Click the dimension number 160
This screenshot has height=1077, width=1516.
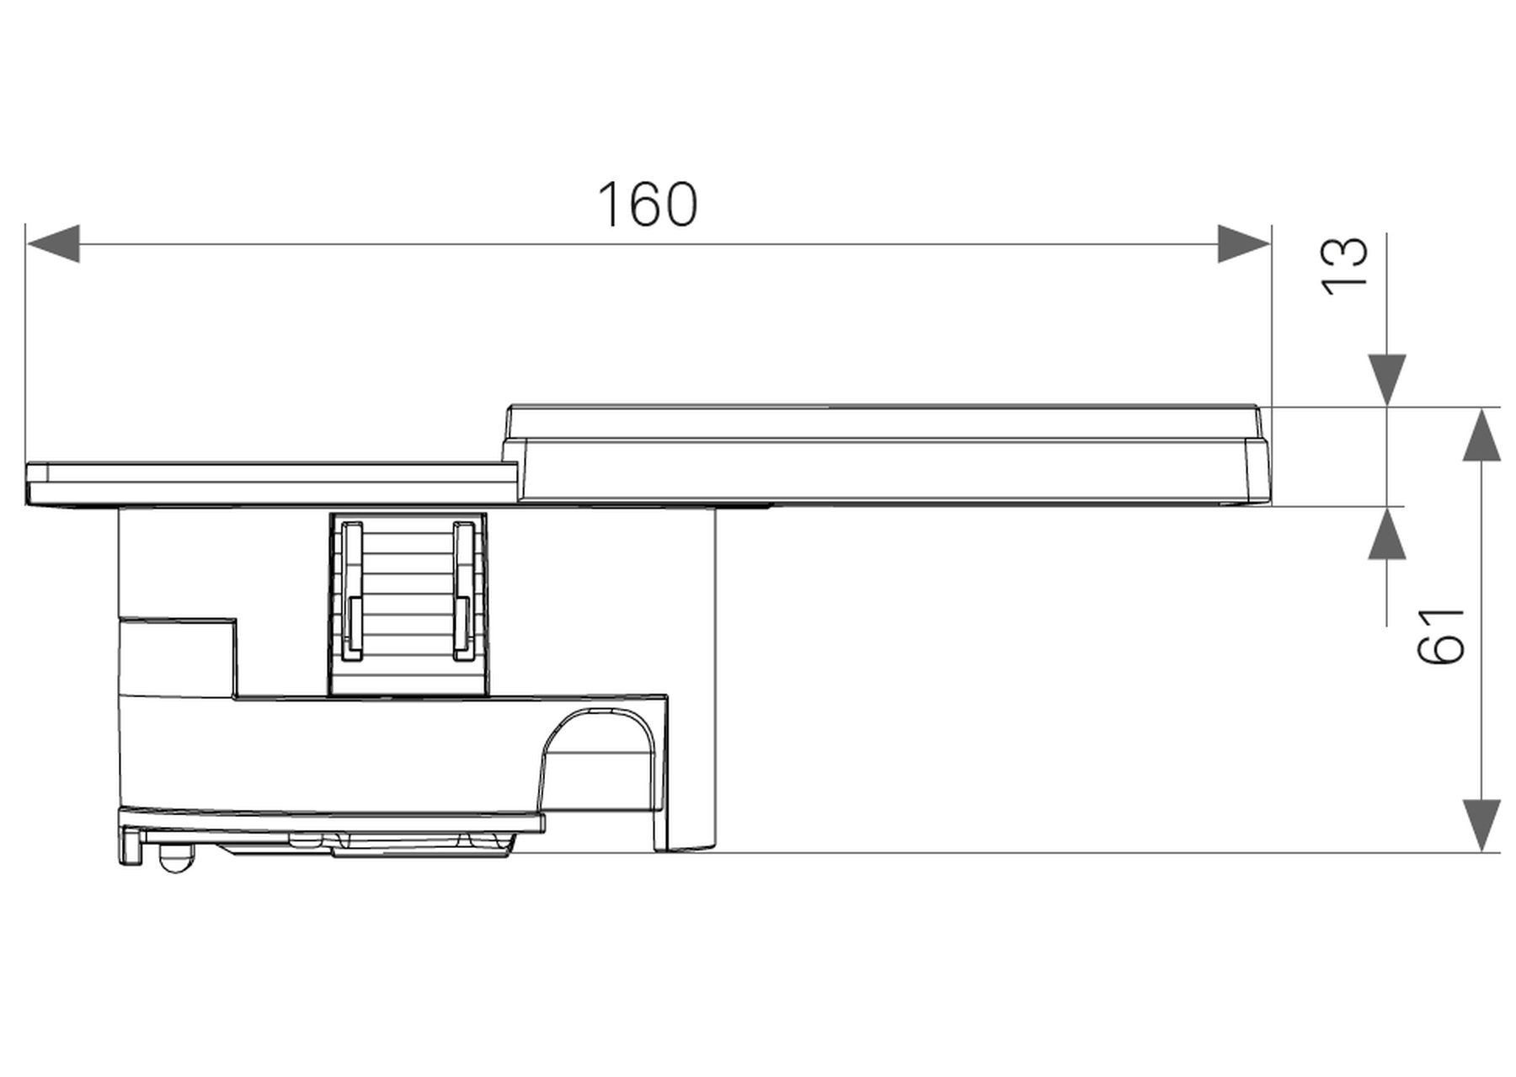coord(647,205)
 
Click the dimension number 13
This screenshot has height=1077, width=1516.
coord(1344,265)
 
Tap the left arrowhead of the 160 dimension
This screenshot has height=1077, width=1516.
coord(53,243)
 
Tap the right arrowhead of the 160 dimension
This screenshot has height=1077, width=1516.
coord(1243,243)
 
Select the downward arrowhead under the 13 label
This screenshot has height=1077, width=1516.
coord(1386,380)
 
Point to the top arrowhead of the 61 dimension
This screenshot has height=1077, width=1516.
coord(1481,435)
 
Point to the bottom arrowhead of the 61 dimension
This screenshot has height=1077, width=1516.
coord(1481,824)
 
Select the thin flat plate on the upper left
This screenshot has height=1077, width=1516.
coord(270,483)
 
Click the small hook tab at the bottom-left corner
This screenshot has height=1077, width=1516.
coord(130,845)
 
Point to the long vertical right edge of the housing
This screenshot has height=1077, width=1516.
coord(715,674)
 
